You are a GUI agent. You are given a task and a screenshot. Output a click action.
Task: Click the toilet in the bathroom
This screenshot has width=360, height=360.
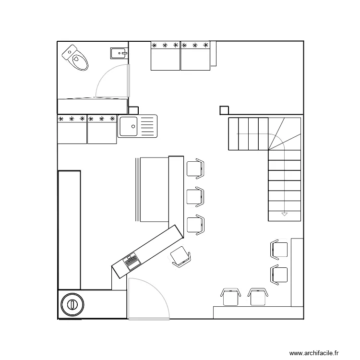pyautogui.click(x=75, y=58)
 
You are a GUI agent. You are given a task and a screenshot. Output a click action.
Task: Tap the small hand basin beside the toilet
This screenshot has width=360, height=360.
pyautogui.click(x=119, y=53)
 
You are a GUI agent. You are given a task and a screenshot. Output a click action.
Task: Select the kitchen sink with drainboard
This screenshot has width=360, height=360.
pyautogui.click(x=137, y=126)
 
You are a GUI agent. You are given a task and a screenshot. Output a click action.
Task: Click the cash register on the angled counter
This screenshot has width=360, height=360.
pyautogui.click(x=132, y=262)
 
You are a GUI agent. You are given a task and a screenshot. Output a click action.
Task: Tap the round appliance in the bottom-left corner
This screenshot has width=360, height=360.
pyautogui.click(x=72, y=305)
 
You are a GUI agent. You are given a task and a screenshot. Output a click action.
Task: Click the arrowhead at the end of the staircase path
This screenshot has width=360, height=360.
pyautogui.click(x=285, y=215)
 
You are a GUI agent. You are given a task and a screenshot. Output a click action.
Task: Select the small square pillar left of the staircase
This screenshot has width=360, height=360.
pyautogui.click(x=224, y=110)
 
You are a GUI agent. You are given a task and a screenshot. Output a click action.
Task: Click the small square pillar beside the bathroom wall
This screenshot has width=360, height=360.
pyautogui.click(x=133, y=110)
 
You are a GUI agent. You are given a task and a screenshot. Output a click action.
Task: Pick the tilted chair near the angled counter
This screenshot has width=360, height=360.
pyautogui.click(x=180, y=257)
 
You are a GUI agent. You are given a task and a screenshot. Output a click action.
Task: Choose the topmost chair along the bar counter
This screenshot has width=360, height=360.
pyautogui.click(x=195, y=169)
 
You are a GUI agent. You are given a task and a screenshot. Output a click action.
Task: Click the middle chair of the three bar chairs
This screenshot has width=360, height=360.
pyautogui.click(x=195, y=197)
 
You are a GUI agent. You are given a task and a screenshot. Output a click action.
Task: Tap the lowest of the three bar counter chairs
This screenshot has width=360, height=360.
pyautogui.click(x=195, y=225)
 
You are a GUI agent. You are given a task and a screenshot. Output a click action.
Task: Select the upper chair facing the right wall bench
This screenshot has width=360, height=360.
pyautogui.click(x=279, y=250)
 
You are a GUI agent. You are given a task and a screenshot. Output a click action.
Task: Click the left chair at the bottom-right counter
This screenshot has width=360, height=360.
pyautogui.click(x=230, y=297)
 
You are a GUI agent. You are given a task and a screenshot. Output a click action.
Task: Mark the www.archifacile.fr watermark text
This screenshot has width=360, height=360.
pyautogui.click(x=314, y=353)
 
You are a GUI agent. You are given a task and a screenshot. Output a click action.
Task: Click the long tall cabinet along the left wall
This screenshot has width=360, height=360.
pyautogui.click(x=69, y=230)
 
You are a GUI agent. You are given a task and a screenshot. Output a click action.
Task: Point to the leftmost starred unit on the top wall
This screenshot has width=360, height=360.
pyautogui.click(x=165, y=56)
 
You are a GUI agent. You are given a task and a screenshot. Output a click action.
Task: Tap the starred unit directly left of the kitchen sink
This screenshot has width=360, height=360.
pyautogui.click(x=102, y=129)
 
